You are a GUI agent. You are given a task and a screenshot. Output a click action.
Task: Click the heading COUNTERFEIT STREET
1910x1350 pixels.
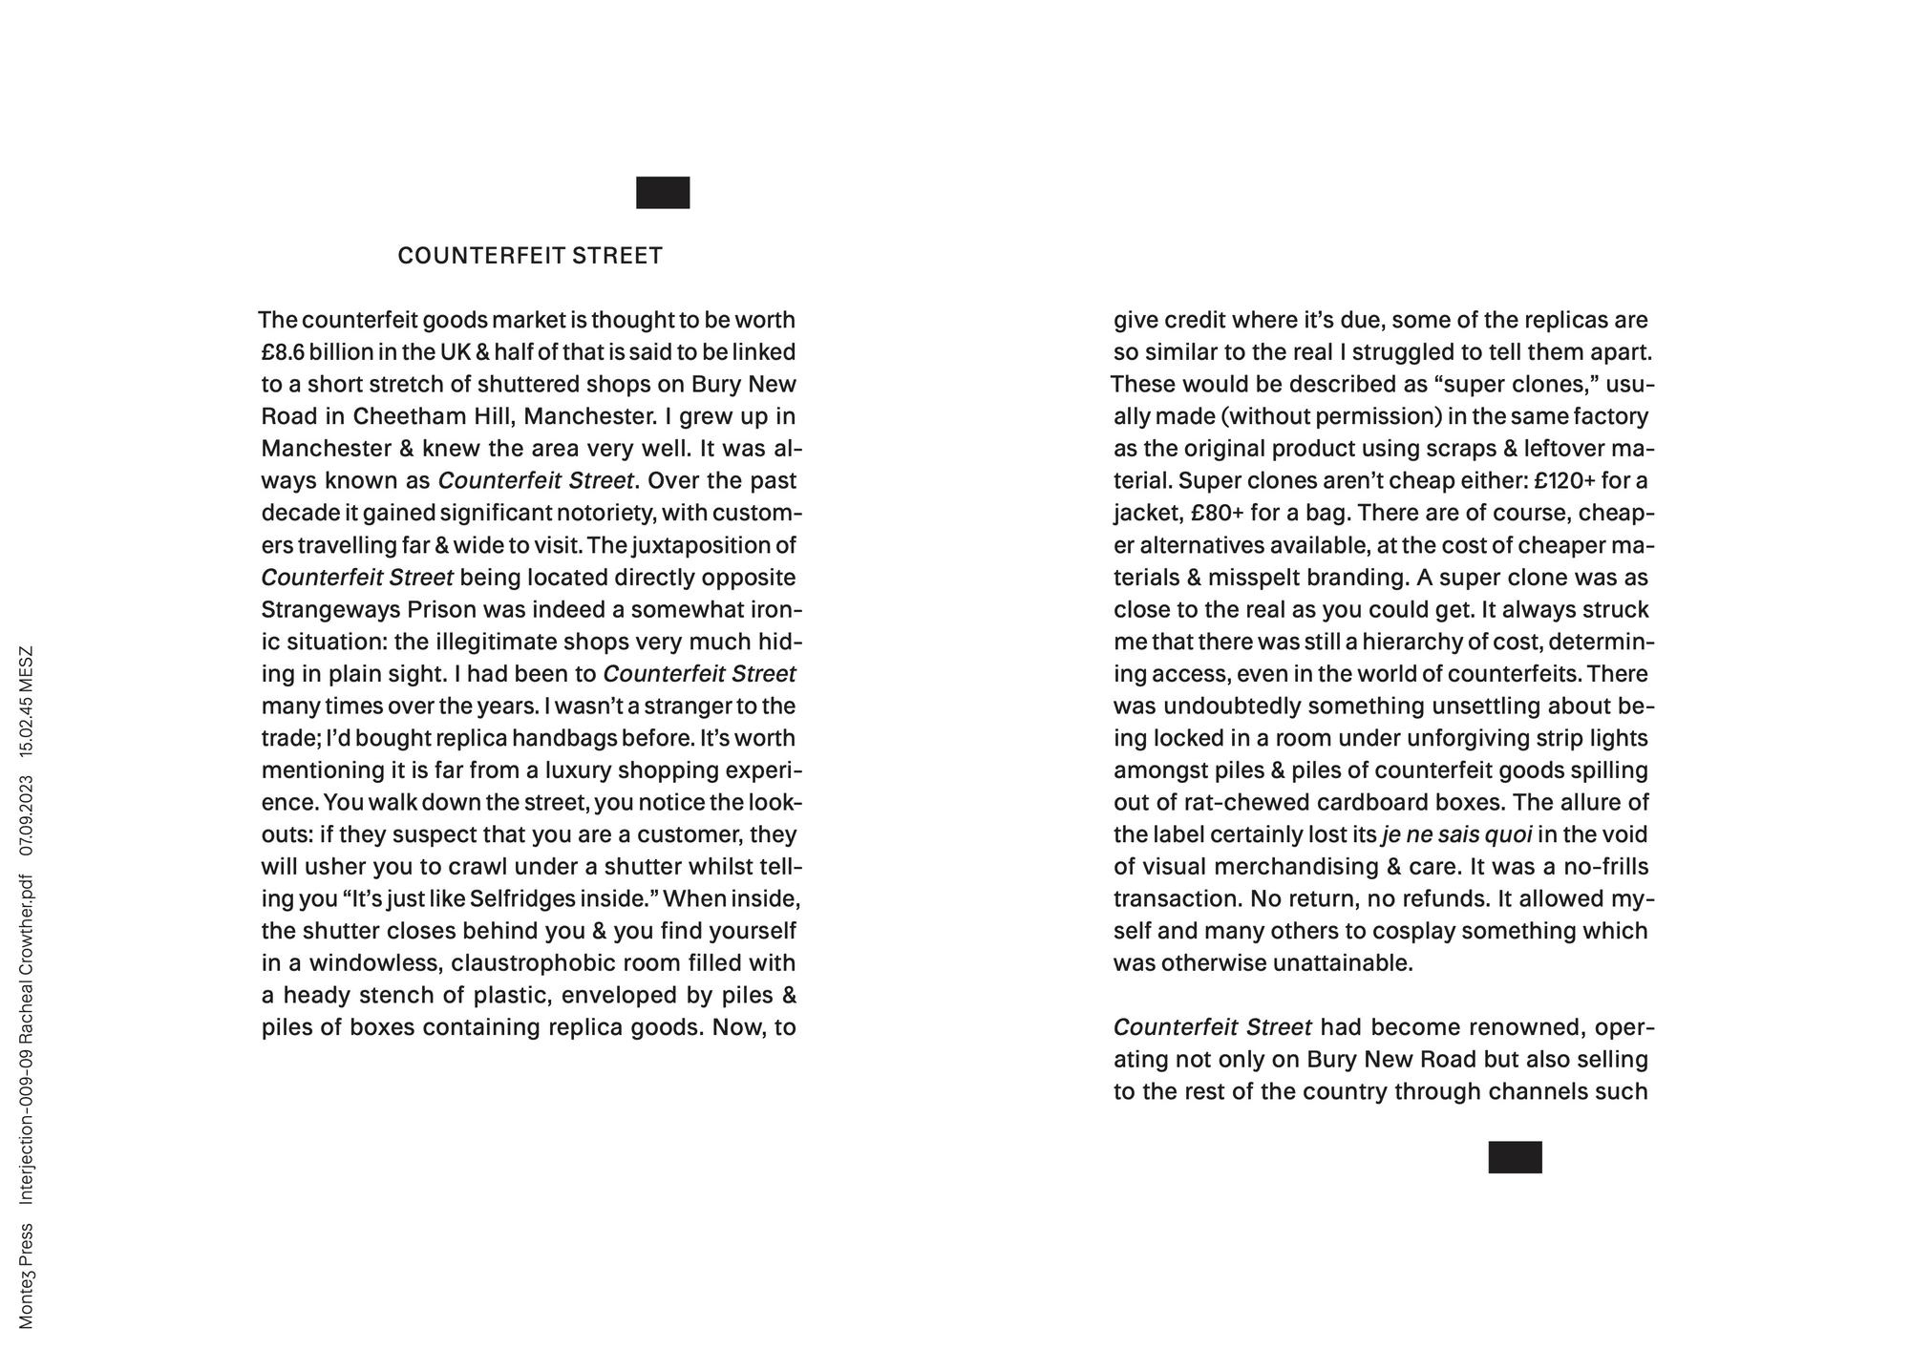click(x=530, y=256)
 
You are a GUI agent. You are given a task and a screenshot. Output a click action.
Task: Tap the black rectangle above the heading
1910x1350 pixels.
click(x=663, y=193)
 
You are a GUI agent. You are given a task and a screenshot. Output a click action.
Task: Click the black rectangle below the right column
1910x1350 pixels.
click(x=1515, y=1157)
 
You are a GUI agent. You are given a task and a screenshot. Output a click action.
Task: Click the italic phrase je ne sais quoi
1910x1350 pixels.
click(x=1456, y=834)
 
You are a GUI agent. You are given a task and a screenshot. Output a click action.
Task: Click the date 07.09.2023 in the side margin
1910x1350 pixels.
click(x=27, y=814)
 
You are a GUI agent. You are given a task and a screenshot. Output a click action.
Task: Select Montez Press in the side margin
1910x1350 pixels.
click(x=27, y=1276)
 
